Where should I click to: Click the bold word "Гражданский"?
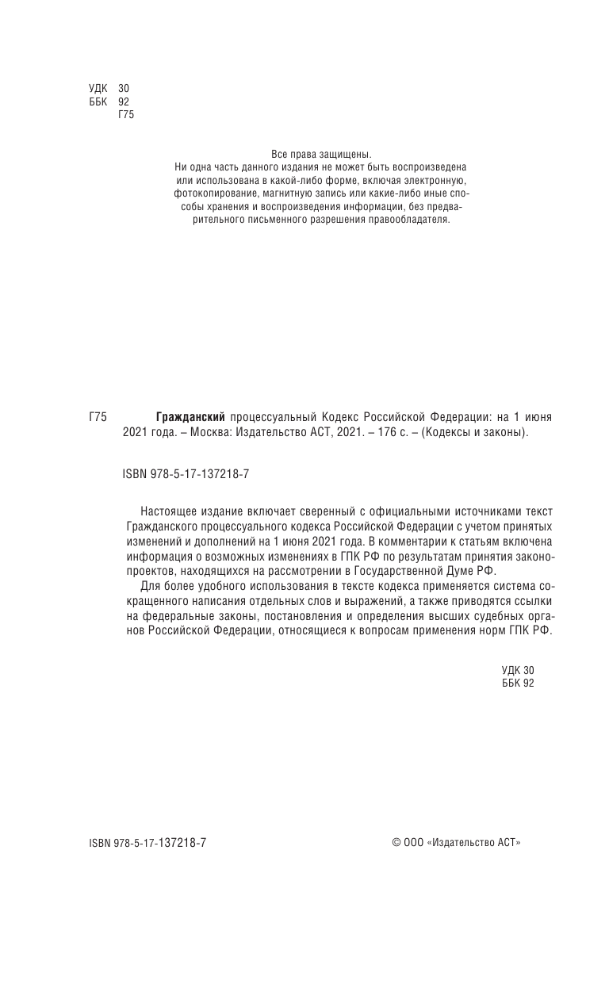[x=191, y=417]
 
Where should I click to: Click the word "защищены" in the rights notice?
[x=348, y=154]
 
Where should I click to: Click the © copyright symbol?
[x=396, y=843]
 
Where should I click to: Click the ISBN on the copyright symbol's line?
[x=147, y=843]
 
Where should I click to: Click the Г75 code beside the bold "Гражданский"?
[x=98, y=417]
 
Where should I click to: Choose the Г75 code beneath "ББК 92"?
[x=127, y=115]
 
